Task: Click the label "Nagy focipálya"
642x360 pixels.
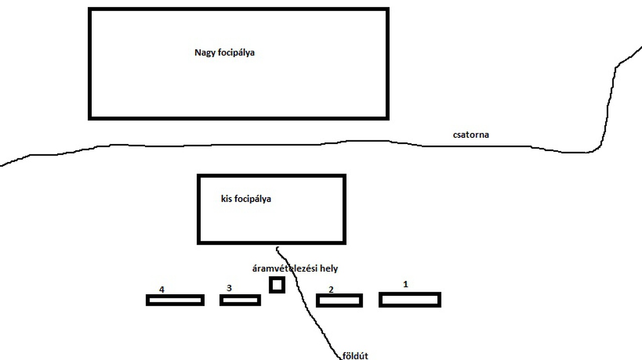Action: click(224, 53)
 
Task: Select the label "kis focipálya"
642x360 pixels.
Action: click(246, 199)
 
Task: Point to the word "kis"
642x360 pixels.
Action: click(226, 199)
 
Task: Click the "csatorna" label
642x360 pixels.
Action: click(470, 135)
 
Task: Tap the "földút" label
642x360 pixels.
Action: click(355, 356)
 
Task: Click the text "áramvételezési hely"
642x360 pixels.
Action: click(295, 269)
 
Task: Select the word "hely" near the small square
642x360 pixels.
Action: click(329, 269)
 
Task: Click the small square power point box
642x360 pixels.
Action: click(277, 285)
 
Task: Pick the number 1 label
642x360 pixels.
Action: click(406, 284)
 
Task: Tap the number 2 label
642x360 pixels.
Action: click(331, 290)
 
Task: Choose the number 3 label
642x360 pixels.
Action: click(229, 288)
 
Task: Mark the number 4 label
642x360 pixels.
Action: click(162, 289)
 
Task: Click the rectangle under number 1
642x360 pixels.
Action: click(410, 300)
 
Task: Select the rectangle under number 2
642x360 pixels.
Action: click(339, 300)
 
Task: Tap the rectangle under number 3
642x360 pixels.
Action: click(240, 300)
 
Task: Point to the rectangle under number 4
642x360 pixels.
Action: click(175, 300)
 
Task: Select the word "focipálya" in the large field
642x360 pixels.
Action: click(236, 53)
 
